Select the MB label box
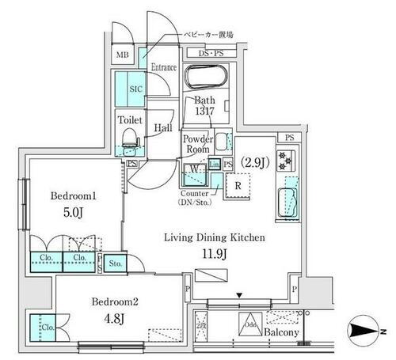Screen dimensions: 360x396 click(122, 55)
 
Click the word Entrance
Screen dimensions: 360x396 click(163, 67)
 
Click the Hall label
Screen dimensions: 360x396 click(164, 127)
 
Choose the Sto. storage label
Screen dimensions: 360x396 click(115, 263)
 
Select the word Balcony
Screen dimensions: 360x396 click(281, 332)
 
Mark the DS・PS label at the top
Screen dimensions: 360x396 click(209, 55)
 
